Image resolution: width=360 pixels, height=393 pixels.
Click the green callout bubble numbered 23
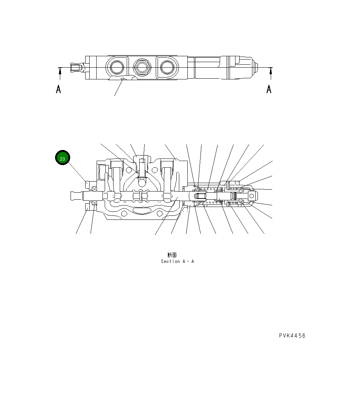pyautogui.click(x=62, y=158)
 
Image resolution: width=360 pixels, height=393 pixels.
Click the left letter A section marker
pyautogui.click(x=58, y=89)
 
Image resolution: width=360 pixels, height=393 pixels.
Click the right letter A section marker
pyautogui.click(x=269, y=89)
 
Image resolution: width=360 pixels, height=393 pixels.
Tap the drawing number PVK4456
pyautogui.click(x=292, y=336)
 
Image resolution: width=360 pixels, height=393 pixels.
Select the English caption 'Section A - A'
pyautogui.click(x=177, y=261)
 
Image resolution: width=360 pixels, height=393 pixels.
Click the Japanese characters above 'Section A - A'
pyautogui.click(x=172, y=255)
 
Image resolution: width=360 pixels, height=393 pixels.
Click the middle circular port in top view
pyautogui.click(x=141, y=67)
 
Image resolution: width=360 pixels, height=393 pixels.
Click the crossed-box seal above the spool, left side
pyautogui.click(x=94, y=189)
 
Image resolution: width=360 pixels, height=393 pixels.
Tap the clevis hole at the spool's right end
pyautogui.click(x=252, y=196)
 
